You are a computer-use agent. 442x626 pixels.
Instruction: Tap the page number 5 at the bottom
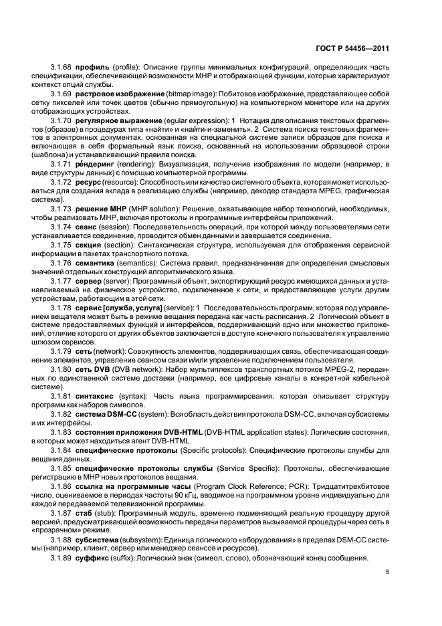pyautogui.click(x=387, y=572)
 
